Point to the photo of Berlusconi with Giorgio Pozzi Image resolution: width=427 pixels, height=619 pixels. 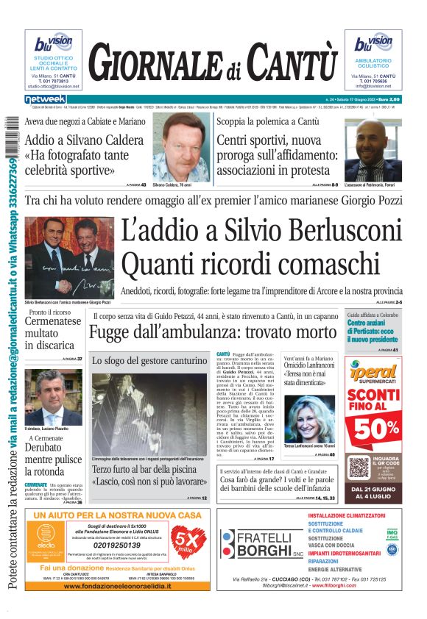pyautogui.click(x=59, y=257)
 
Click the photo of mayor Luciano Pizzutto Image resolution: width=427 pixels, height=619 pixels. pyautogui.click(x=54, y=397)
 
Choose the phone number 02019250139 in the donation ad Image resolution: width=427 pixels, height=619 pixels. pyautogui.click(x=108, y=546)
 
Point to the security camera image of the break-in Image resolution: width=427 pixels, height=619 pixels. pyautogui.click(x=149, y=414)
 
